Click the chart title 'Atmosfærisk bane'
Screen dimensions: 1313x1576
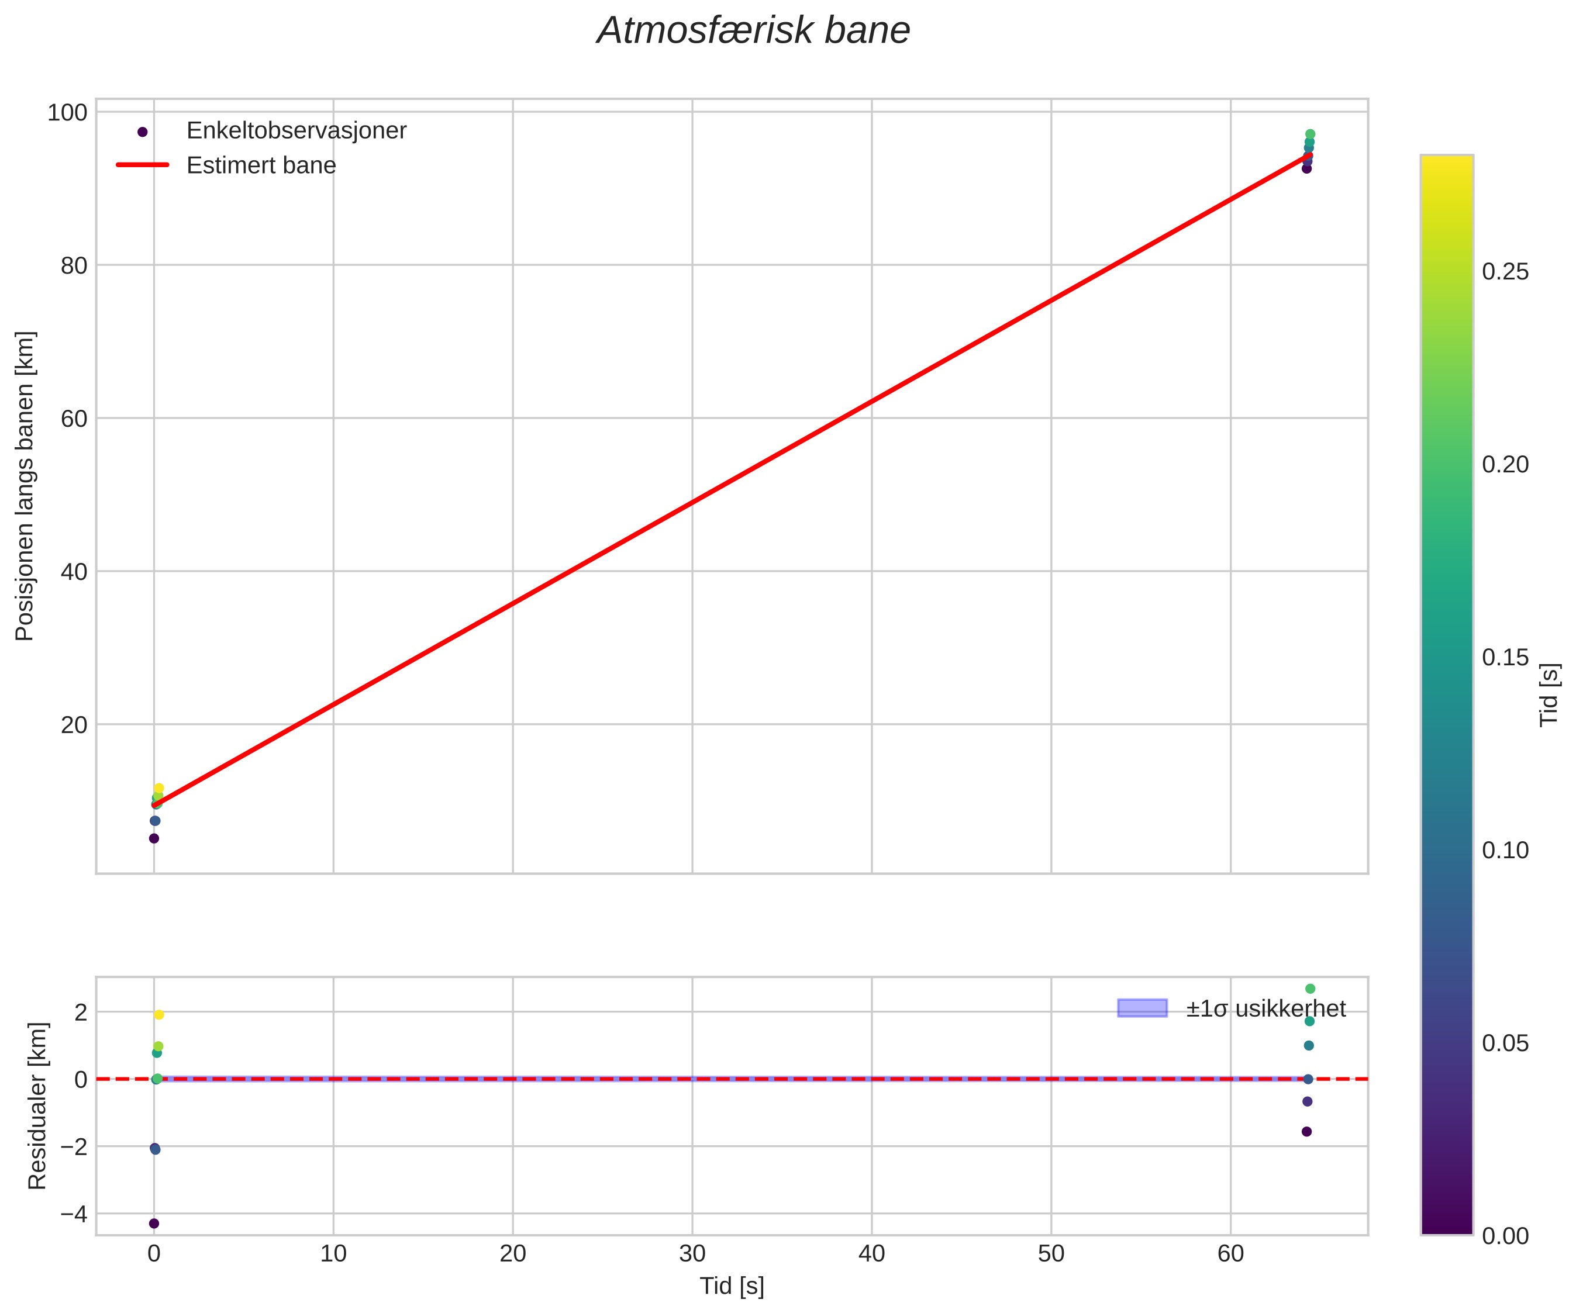tap(753, 32)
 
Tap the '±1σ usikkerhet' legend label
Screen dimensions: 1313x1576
tap(1265, 1008)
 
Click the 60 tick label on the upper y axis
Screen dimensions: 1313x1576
tap(74, 419)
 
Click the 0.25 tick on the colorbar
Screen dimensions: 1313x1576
tap(1505, 272)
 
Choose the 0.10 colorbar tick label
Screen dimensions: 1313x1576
tap(1505, 851)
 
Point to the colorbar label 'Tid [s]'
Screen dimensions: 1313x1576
tap(1549, 694)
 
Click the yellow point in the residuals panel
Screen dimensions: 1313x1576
tap(159, 1015)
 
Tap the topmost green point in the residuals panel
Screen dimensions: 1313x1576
tap(1311, 989)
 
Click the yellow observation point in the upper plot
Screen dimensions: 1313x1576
tap(159, 789)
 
